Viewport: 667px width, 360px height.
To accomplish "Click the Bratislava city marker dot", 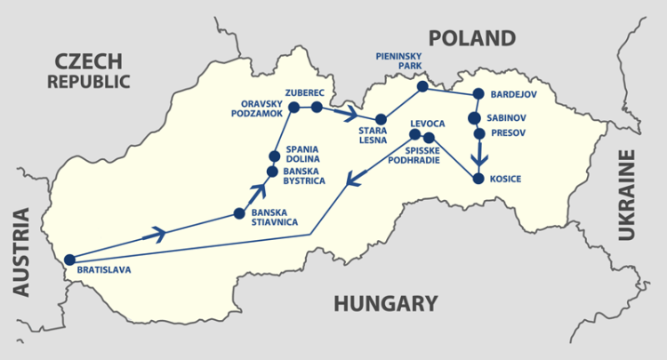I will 70,260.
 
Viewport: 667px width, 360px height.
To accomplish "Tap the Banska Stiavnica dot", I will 238,213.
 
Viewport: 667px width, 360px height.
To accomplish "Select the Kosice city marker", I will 478,179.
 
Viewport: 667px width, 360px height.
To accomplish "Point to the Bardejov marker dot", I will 478,93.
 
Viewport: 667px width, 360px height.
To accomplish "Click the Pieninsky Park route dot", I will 422,87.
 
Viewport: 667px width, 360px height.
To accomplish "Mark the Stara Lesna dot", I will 381,119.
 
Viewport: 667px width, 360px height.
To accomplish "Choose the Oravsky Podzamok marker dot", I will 294,107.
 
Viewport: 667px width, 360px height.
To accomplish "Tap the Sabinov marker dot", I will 475,117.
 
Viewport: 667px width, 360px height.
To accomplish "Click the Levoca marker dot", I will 414,134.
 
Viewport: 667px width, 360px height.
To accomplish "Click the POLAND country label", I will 471,38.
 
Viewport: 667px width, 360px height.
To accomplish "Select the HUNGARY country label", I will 385,304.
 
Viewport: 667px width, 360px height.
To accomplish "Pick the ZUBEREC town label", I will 305,92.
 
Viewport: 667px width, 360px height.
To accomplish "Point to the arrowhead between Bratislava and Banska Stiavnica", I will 157,234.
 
